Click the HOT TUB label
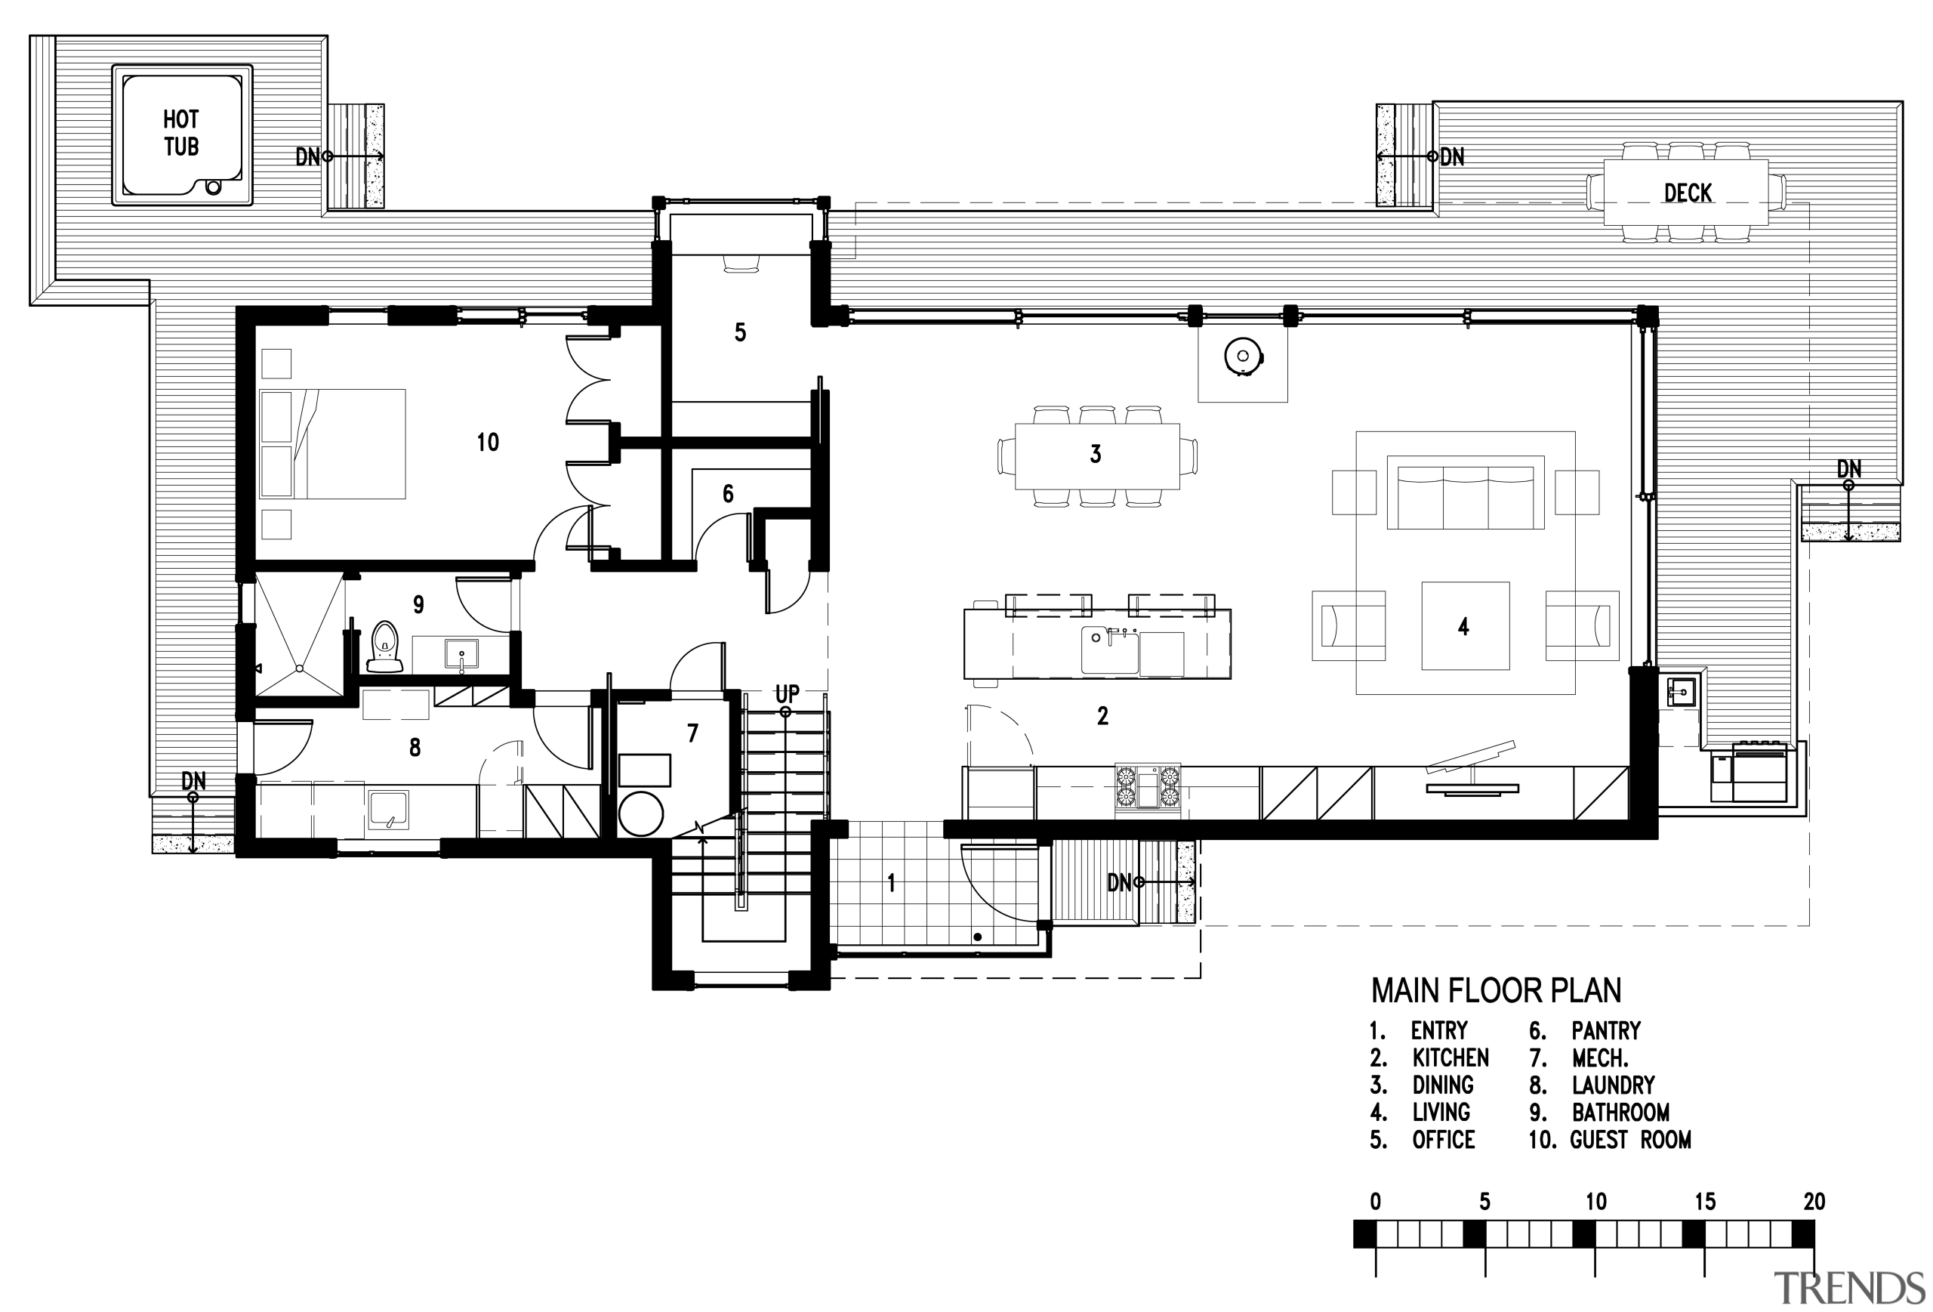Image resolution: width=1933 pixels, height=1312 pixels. click(180, 133)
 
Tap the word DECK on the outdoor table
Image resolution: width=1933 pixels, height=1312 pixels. click(1687, 193)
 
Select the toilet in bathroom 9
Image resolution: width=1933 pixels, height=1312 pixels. click(384, 647)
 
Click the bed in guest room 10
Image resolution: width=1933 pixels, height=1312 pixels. click(333, 443)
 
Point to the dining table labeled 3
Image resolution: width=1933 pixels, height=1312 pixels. click(1096, 456)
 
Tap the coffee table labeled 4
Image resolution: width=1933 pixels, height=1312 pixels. click(1465, 625)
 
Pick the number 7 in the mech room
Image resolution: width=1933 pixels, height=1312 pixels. click(692, 733)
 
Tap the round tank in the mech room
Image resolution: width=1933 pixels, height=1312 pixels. click(640, 813)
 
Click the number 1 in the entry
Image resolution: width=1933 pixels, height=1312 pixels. click(891, 882)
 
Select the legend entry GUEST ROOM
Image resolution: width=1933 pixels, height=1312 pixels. click(1629, 1140)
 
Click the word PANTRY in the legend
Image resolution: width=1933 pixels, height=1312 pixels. click(1605, 1031)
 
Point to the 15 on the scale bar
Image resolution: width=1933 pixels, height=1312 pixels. click(1704, 1202)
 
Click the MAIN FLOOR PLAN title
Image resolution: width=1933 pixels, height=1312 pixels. click(1496, 990)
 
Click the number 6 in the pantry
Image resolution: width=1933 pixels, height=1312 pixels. click(728, 494)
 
